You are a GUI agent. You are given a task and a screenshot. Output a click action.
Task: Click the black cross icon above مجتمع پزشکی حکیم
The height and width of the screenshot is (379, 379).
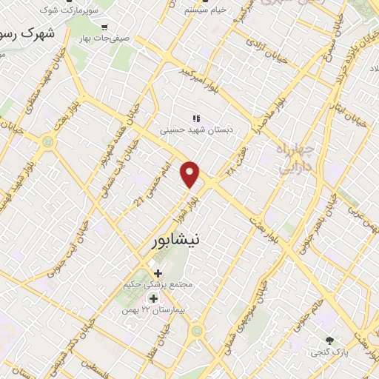(157, 273)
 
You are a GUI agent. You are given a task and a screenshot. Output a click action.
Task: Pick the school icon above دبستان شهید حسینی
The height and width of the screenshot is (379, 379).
(195, 118)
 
